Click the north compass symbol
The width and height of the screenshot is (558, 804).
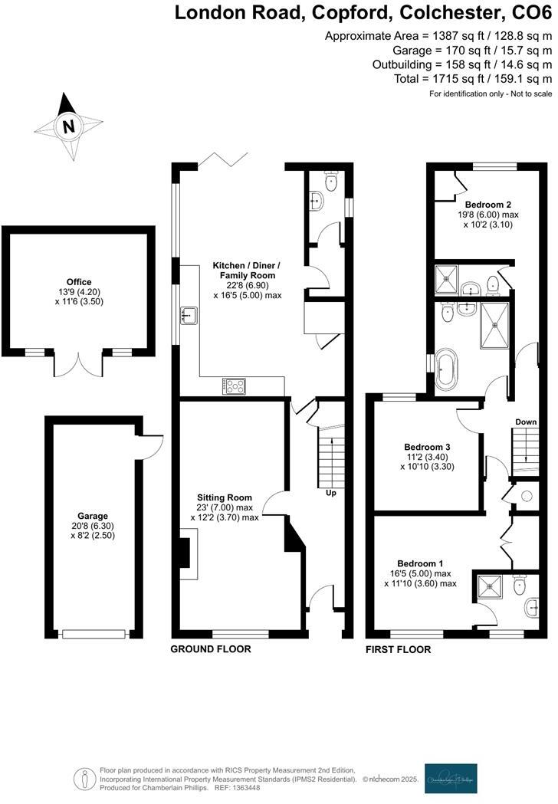pyautogui.click(x=69, y=126)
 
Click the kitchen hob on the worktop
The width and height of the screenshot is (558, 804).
pyautogui.click(x=234, y=386)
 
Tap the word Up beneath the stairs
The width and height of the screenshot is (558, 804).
pyautogui.click(x=330, y=493)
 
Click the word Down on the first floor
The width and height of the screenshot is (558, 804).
pyautogui.click(x=526, y=422)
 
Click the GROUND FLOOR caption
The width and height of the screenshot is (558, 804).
pyautogui.click(x=211, y=649)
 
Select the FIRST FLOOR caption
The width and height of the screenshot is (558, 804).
pyautogui.click(x=398, y=649)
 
